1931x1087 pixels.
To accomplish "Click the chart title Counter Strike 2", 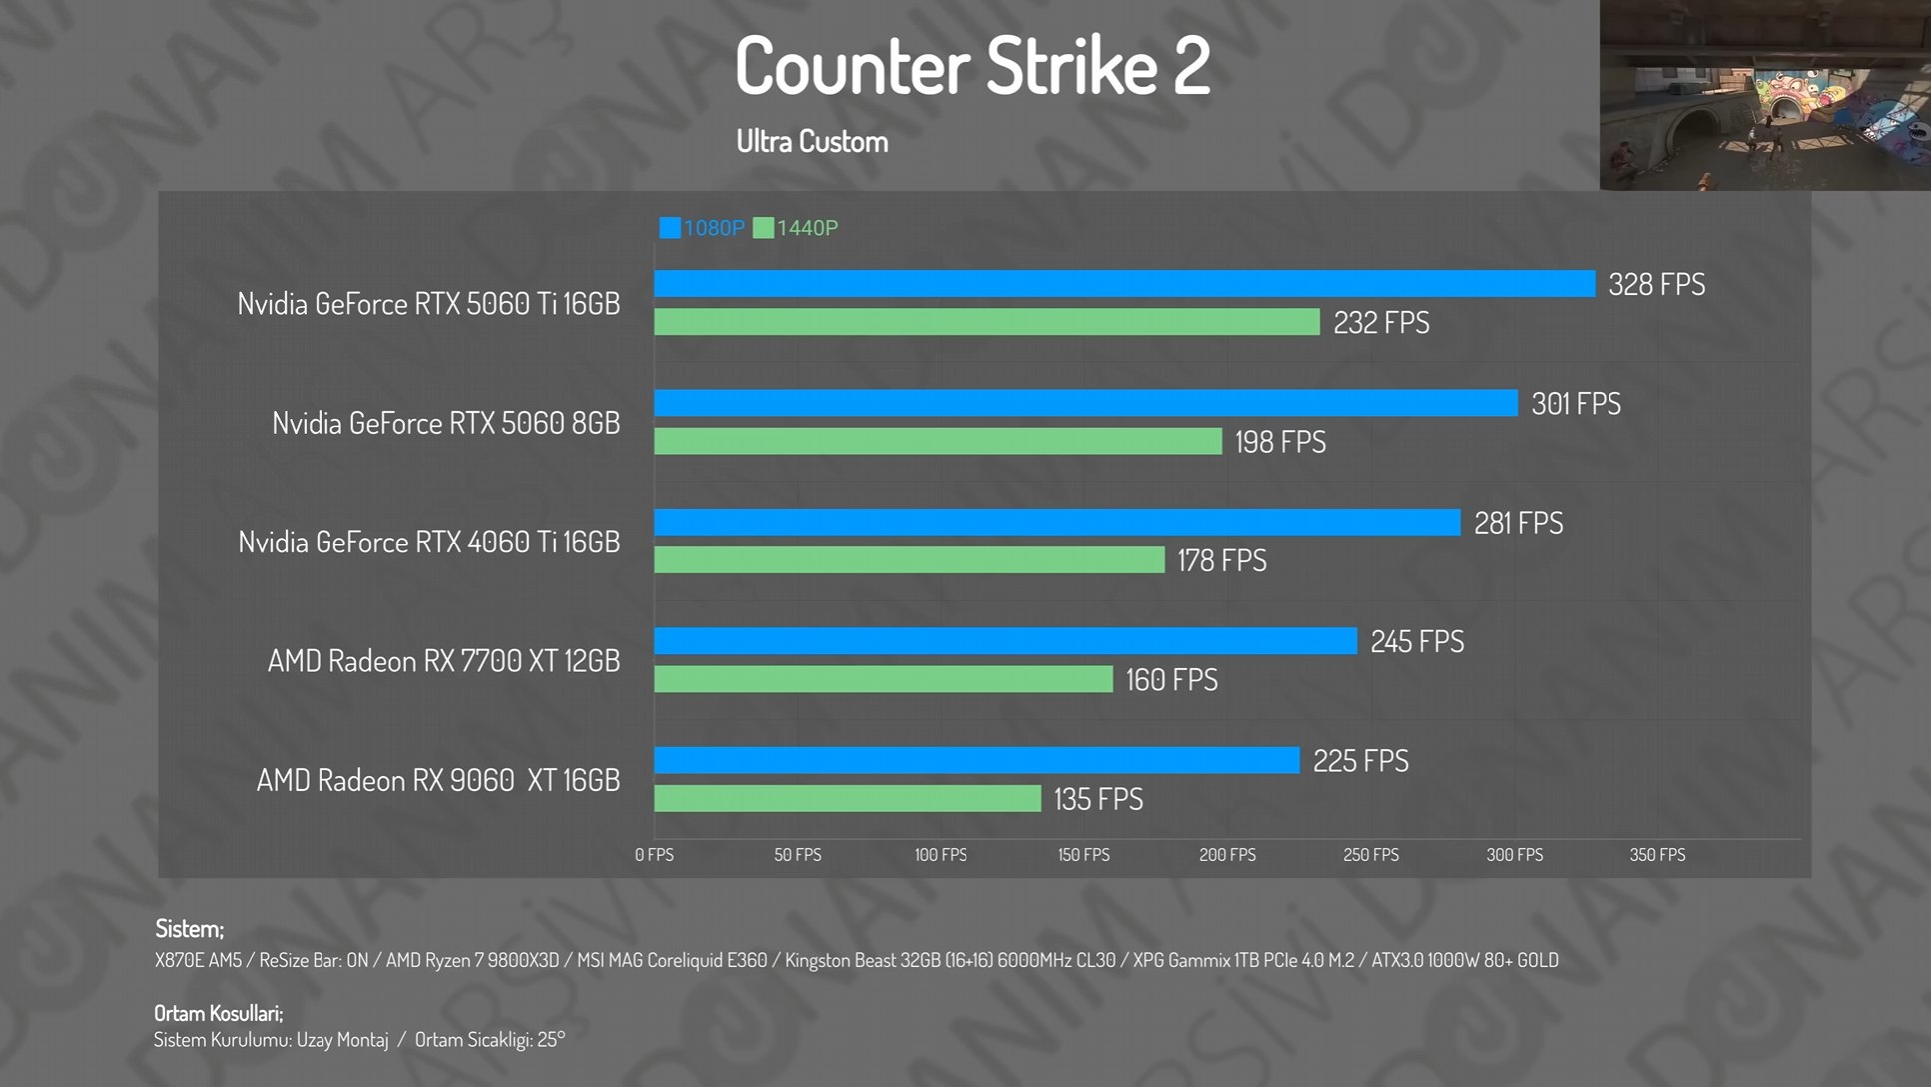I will (x=972, y=66).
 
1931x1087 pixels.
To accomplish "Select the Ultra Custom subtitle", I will (x=812, y=142).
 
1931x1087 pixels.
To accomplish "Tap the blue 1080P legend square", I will (x=670, y=228).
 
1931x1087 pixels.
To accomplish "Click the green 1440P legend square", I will (x=763, y=228).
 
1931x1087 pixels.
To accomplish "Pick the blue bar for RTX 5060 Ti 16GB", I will (x=1124, y=284).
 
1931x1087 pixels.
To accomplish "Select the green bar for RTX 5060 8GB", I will (x=938, y=441).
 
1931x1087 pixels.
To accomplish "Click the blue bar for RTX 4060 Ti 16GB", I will (x=1056, y=522).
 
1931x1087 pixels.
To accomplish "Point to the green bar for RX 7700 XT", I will (x=883, y=679).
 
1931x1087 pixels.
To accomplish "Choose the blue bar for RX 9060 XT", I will (x=976, y=760).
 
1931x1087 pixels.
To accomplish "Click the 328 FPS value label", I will (x=1656, y=285).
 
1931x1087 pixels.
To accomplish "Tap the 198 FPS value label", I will (x=1280, y=442).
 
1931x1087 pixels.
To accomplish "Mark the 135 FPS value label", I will (x=1098, y=799).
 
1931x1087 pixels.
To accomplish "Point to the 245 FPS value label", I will (x=1417, y=641).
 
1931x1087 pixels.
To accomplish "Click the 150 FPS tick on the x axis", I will (x=1084, y=855).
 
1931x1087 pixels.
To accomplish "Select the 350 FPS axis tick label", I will (x=1657, y=855).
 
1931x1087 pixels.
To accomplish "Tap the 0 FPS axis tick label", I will (x=654, y=855).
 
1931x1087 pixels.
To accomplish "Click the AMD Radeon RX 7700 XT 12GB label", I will (x=443, y=661).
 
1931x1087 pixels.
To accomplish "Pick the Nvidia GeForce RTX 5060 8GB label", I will (x=445, y=423).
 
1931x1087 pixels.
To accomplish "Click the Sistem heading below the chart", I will (x=189, y=929).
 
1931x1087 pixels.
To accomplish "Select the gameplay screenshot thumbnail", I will (x=1764, y=95).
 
